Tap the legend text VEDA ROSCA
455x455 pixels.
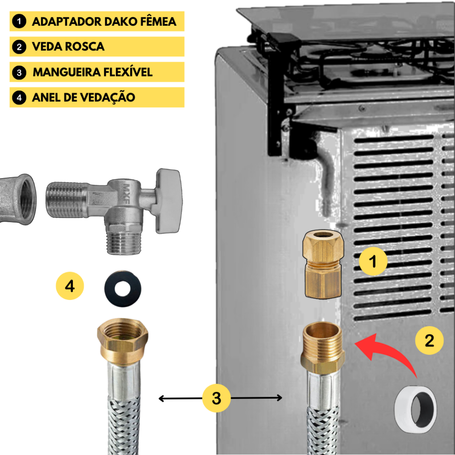tap(68, 46)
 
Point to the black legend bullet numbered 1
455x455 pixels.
tap(19, 21)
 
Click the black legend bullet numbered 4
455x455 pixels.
tap(19, 97)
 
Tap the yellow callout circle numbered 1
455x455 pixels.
tap(373, 261)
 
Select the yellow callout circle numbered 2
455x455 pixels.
tap(430, 340)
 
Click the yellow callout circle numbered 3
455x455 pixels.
tap(216, 398)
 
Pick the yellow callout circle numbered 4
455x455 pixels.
tap(70, 286)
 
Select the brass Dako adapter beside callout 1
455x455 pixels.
tap(323, 264)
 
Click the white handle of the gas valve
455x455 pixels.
tap(169, 201)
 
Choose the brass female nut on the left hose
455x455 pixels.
tap(123, 340)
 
